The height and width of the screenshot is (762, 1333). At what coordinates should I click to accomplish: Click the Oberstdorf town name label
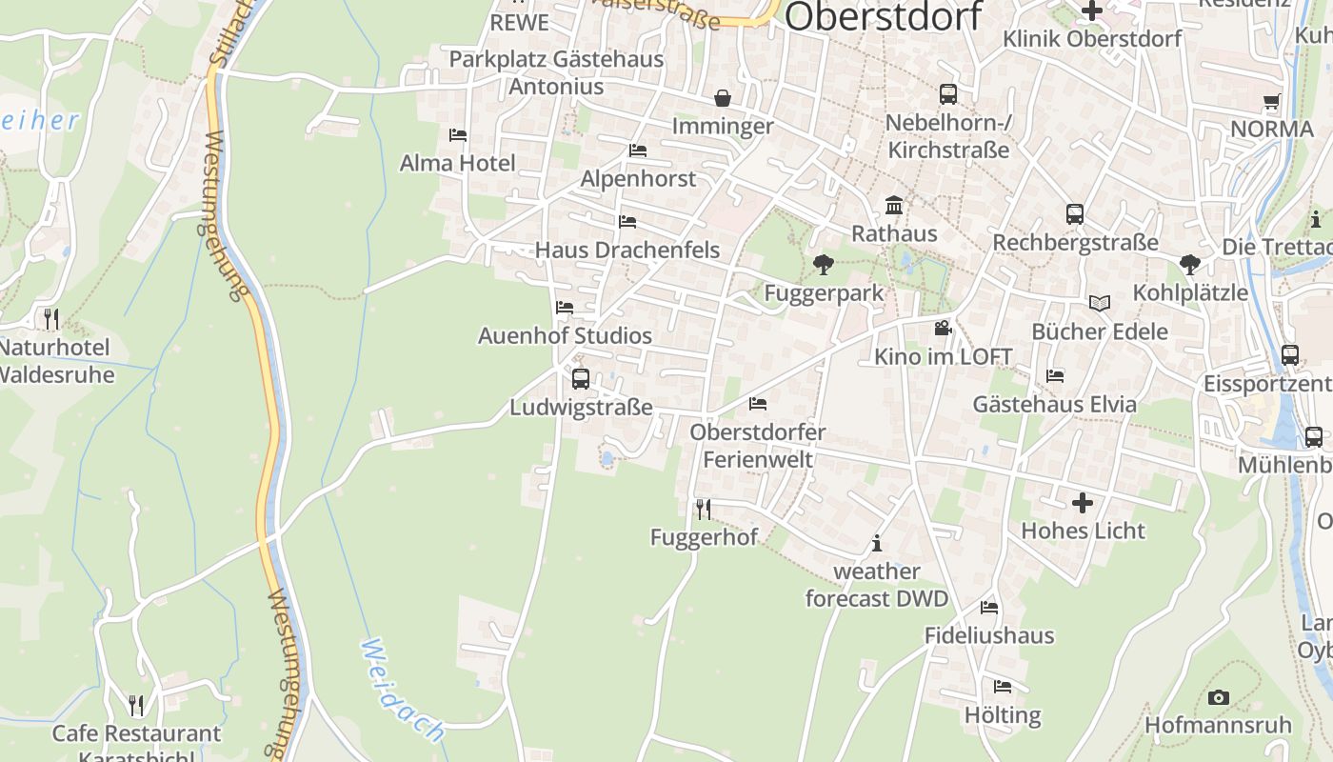[884, 16]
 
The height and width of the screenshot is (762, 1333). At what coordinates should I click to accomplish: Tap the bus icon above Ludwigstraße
[581, 379]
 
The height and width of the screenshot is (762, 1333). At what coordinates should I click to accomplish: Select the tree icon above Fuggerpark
[824, 265]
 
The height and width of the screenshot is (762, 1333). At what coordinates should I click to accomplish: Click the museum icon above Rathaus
[894, 206]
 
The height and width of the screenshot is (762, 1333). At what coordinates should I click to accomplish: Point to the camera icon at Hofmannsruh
[1218, 697]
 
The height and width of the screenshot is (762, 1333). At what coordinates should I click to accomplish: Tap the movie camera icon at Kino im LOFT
[943, 329]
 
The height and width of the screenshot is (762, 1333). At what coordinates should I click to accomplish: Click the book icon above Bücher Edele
[1100, 303]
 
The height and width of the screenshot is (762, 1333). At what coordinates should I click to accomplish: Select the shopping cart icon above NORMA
[1271, 101]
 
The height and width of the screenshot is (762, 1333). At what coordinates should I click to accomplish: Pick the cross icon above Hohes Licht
[1083, 502]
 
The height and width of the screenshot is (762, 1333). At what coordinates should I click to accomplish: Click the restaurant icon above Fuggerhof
[704, 509]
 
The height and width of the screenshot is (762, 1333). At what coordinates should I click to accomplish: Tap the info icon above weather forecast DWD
[877, 544]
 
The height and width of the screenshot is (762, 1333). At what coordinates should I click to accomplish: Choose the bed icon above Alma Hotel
[458, 135]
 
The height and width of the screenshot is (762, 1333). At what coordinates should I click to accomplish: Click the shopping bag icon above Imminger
[723, 98]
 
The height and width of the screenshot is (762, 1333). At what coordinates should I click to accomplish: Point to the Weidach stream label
[403, 691]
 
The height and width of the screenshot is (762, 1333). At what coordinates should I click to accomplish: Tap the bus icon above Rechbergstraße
[1075, 214]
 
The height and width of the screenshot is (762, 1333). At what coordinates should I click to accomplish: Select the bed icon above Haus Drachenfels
[627, 222]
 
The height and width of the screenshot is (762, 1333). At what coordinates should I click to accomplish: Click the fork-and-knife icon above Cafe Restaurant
[136, 705]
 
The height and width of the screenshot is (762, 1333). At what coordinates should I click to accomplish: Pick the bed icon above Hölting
[1003, 687]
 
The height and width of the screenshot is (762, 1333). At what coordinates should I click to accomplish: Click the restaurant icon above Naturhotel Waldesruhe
[51, 318]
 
